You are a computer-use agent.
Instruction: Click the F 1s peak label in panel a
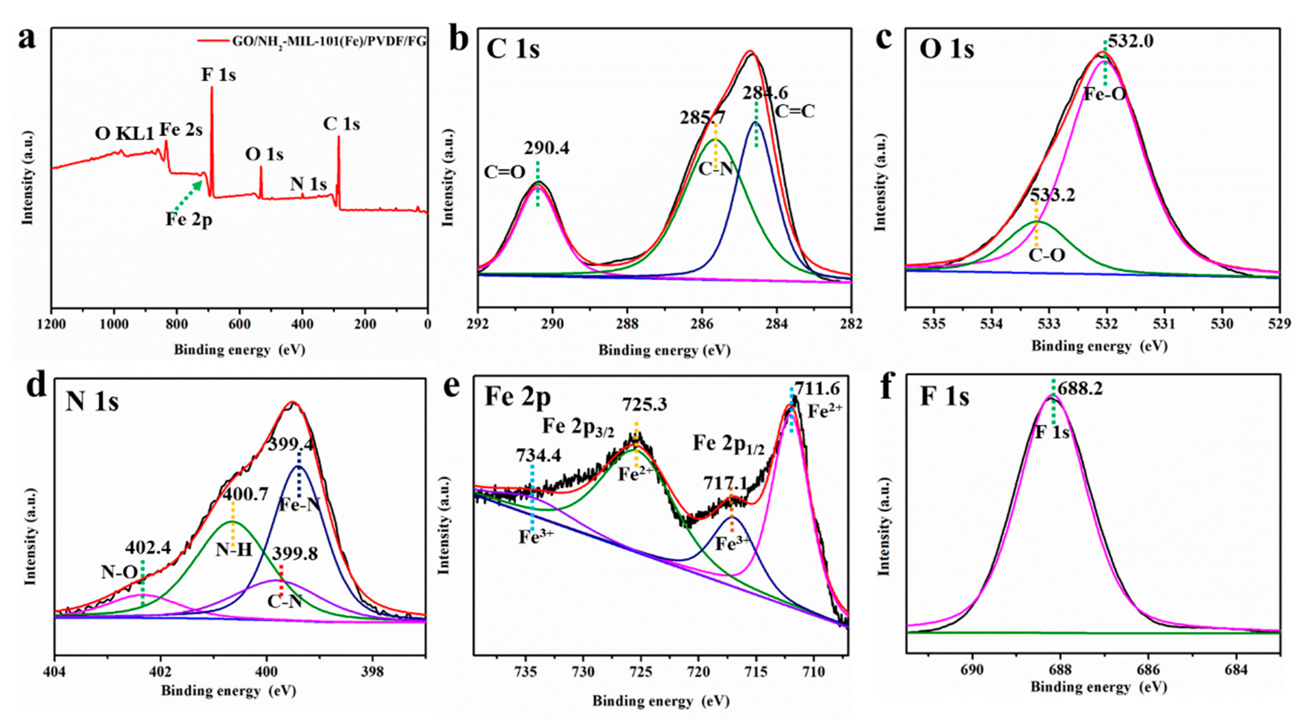(218, 75)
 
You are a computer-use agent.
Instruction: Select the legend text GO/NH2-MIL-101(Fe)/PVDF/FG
(329, 42)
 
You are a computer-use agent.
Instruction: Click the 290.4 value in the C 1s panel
(547, 148)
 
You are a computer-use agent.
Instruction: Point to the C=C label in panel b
(794, 112)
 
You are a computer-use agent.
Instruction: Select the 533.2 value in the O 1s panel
(1053, 195)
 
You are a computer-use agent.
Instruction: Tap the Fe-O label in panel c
(1105, 94)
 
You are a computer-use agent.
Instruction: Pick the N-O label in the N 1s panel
(119, 572)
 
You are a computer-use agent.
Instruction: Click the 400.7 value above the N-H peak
(246, 493)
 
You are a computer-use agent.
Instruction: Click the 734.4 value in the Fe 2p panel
(538, 455)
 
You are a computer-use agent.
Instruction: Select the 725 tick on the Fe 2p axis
(641, 672)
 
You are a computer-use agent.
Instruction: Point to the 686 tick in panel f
(1148, 670)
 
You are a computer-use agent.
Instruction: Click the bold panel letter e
(451, 386)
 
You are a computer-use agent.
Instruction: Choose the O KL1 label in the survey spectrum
(124, 134)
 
